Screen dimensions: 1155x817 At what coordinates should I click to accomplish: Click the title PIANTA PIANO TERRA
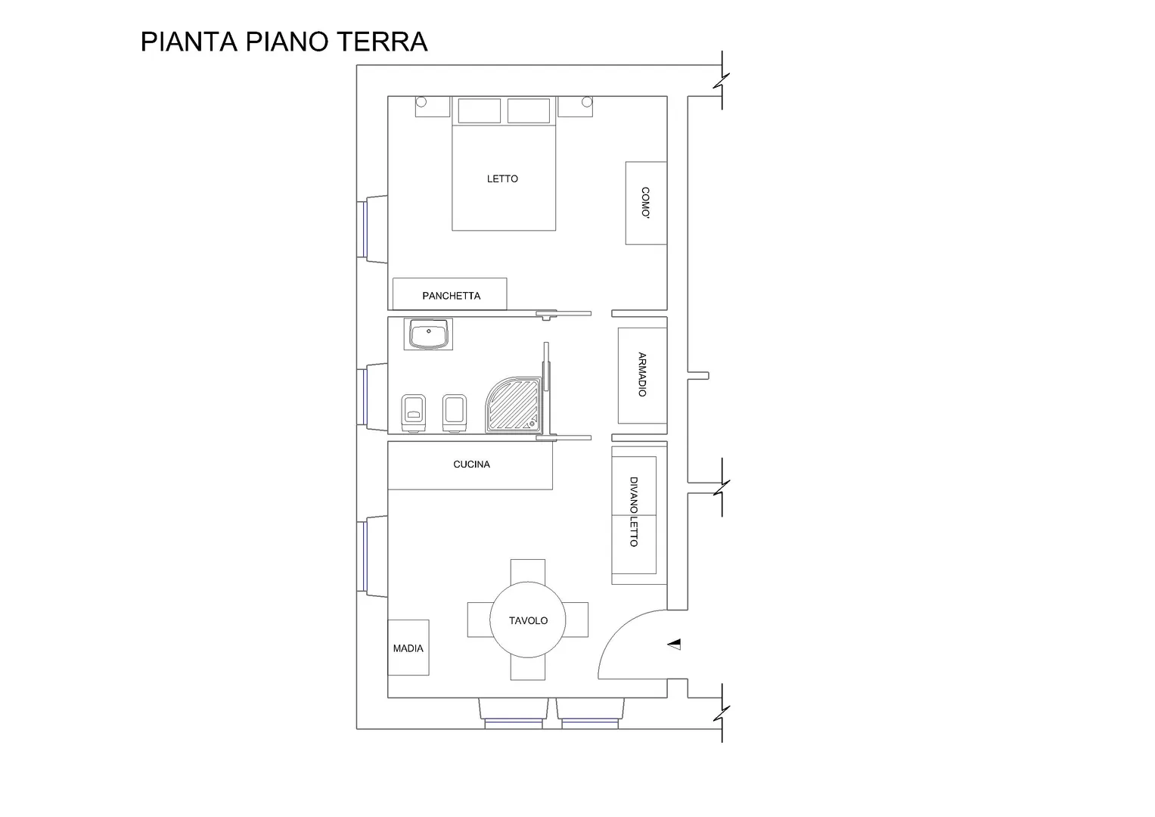(x=284, y=42)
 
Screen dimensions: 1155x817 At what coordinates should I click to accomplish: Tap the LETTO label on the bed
(x=502, y=179)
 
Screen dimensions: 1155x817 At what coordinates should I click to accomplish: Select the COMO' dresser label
(x=645, y=203)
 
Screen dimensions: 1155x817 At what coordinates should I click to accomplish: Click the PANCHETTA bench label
(x=451, y=296)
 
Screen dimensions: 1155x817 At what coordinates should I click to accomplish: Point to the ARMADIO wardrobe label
(x=642, y=374)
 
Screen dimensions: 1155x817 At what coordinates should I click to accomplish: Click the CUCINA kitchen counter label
(x=471, y=464)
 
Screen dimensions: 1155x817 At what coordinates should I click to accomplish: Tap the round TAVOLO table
(x=527, y=620)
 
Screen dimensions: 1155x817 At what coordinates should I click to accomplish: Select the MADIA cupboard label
(x=408, y=648)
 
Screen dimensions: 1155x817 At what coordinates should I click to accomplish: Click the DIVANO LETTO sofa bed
(x=639, y=515)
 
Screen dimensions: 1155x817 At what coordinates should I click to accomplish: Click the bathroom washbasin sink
(x=428, y=334)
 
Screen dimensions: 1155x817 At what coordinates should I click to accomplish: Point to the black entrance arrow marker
(x=674, y=645)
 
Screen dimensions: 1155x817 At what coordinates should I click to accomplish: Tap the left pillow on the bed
(x=479, y=111)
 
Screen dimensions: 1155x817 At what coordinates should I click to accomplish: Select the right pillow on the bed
(x=529, y=111)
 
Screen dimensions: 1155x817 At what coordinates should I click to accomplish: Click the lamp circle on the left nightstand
(x=421, y=102)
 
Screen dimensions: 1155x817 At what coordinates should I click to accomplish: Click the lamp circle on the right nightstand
(x=587, y=102)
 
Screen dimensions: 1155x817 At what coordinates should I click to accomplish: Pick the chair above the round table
(x=527, y=570)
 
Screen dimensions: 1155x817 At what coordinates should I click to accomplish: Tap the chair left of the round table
(x=479, y=620)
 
